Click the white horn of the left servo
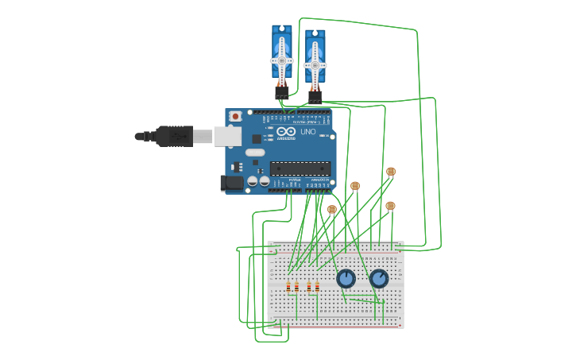point(281,60)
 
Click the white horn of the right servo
point(315,65)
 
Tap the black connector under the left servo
point(281,92)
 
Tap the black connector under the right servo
point(315,97)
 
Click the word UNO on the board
point(307,132)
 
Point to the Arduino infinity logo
point(287,132)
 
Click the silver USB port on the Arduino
point(227,137)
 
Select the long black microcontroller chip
point(300,168)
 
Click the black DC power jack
point(231,183)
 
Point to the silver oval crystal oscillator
point(254,153)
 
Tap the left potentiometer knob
point(346,279)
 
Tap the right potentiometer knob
point(379,279)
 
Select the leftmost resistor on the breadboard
point(288,287)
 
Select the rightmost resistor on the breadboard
point(317,287)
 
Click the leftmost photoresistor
point(332,210)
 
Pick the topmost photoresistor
point(391,172)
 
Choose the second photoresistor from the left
point(355,186)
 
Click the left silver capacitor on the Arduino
point(253,181)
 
